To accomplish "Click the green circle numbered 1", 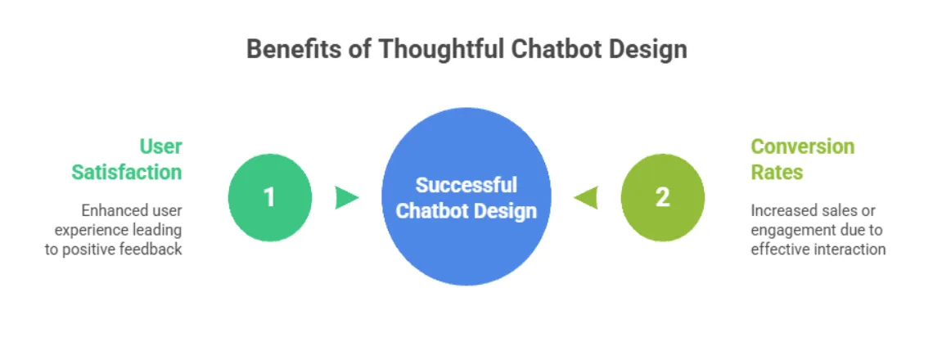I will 269,198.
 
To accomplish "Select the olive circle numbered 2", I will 662,198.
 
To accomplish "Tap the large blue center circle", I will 466,198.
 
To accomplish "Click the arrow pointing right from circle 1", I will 347,197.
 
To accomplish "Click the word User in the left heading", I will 160,146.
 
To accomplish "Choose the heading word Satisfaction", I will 127,172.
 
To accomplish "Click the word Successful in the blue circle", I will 466,185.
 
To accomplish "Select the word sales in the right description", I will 837,210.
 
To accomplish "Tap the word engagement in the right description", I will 790,230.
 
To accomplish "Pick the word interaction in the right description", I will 850,250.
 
